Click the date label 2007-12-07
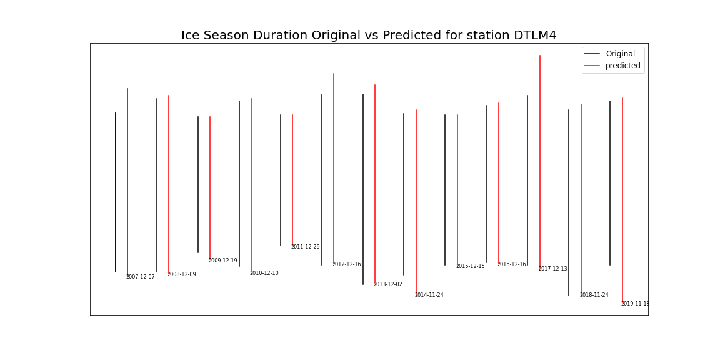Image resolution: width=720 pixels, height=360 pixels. point(140,277)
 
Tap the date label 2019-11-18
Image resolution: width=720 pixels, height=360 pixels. point(635,304)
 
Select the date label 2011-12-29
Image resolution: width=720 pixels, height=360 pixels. point(305,247)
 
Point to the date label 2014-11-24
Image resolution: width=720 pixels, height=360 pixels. point(429,295)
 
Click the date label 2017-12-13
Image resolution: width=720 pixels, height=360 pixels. point(552,269)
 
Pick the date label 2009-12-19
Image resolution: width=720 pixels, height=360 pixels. point(222,261)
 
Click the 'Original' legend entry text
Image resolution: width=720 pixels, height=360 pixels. point(620,54)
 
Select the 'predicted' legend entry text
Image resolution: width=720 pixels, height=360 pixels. point(622,66)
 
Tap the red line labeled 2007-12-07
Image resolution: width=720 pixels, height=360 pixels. point(127,181)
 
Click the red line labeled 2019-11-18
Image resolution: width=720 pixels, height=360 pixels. point(622,200)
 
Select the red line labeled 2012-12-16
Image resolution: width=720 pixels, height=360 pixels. point(334,169)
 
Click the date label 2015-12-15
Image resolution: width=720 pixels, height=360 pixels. point(470,266)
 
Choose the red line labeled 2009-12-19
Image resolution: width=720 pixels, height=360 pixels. point(210,187)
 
